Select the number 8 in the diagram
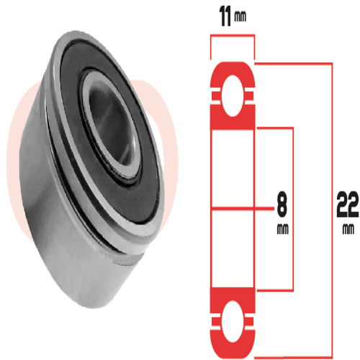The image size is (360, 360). [282, 207]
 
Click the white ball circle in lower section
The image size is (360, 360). [232, 318]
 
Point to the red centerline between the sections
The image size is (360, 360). [232, 209]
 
